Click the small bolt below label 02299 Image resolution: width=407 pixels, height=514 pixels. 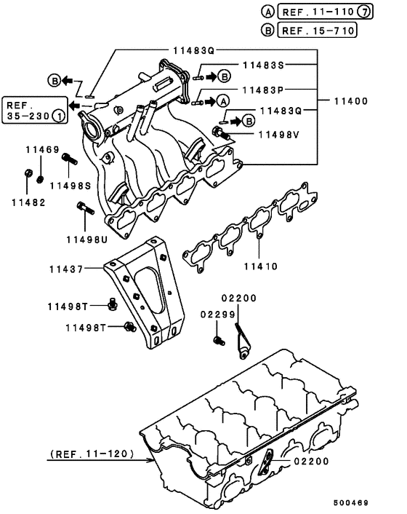(217, 340)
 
